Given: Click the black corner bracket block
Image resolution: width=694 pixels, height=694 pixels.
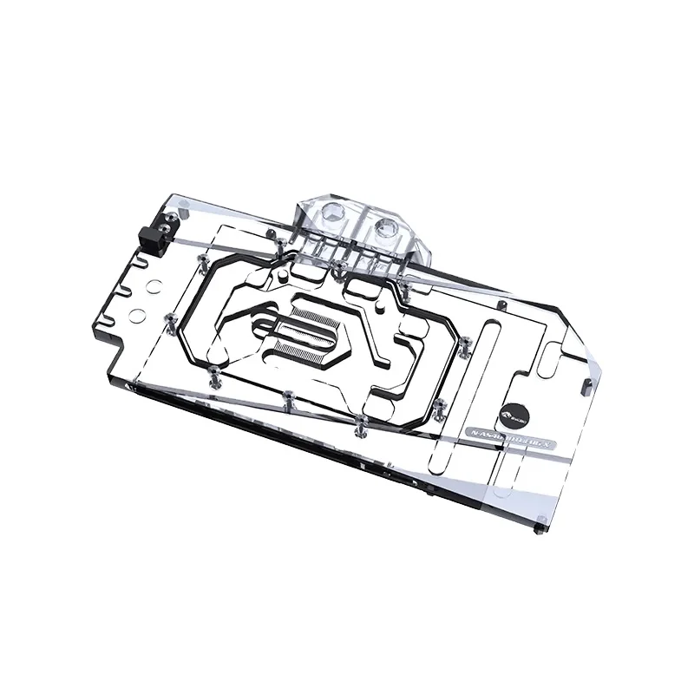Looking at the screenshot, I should pos(154,234).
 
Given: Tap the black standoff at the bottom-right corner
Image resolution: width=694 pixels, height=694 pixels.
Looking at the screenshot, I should pos(540,526).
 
